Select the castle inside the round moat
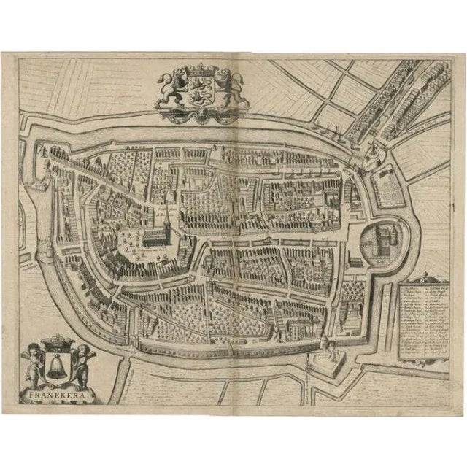pos(380,240)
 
